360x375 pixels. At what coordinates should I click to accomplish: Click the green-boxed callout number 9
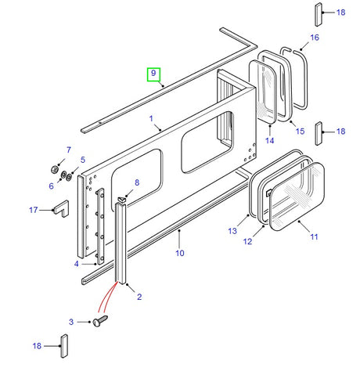click(154, 75)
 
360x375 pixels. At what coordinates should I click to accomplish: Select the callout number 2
click(140, 297)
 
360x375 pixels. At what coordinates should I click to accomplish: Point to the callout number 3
click(77, 264)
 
